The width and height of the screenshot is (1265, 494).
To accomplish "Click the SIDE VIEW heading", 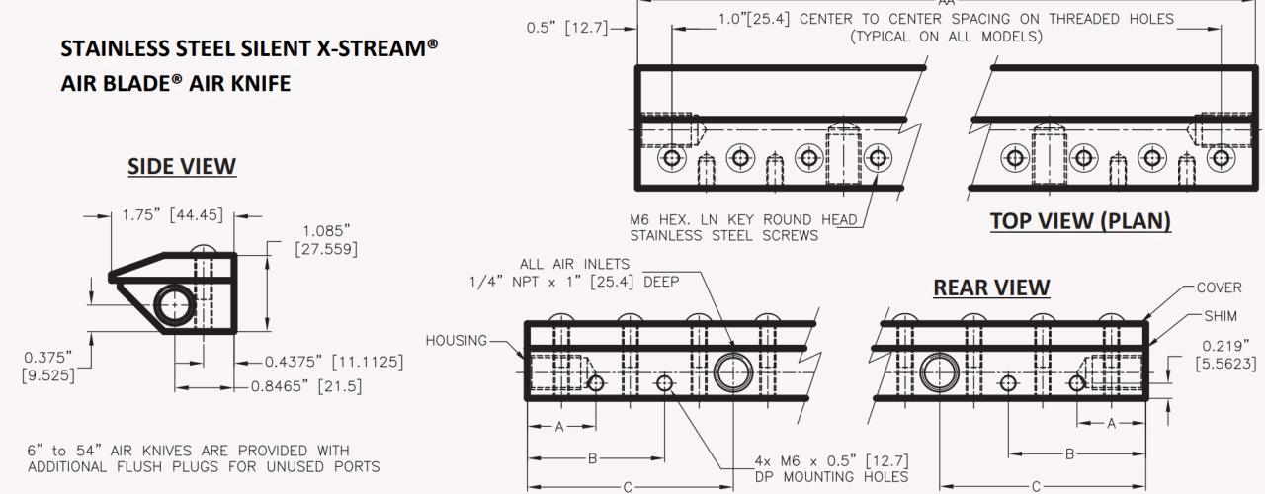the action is point(182,167).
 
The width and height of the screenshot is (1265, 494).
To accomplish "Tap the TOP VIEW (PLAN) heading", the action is point(1080,221).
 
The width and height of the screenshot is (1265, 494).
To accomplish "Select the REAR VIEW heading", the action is point(991,288).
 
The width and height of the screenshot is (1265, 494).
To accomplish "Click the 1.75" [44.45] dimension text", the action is point(173,215).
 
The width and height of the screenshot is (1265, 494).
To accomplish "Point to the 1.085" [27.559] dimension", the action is point(326,240).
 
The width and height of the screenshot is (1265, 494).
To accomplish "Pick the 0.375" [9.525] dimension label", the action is point(48,366).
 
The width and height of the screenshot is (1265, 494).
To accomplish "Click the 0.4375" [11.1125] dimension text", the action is point(334,362).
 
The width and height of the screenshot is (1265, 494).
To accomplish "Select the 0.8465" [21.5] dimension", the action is point(306,386).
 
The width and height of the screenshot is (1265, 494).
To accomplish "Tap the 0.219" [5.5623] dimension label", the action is point(1226,355).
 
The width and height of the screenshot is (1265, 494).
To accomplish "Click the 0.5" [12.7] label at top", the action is point(567,28).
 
